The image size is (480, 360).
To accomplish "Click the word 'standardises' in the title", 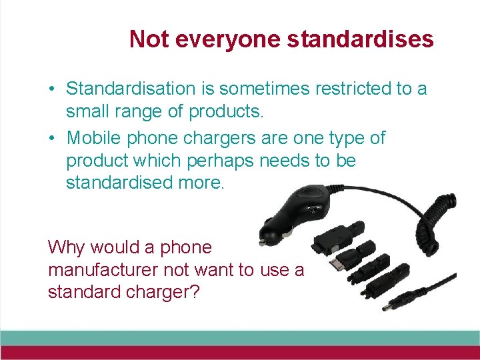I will (x=360, y=39).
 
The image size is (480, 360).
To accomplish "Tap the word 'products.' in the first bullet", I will (x=227, y=111).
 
